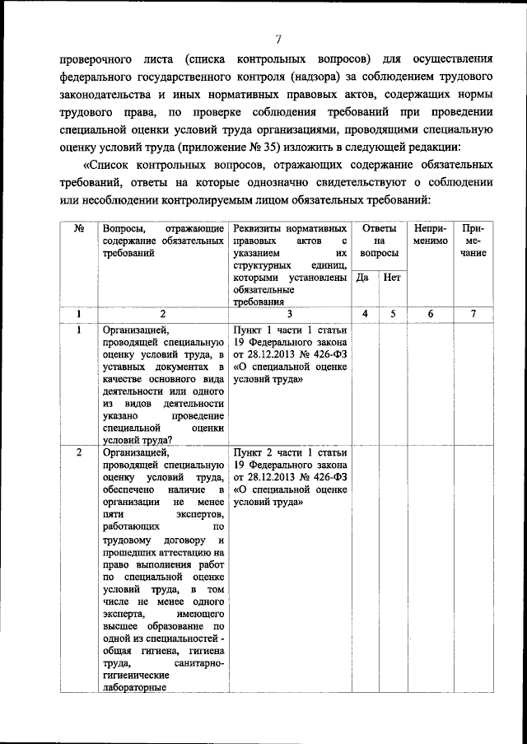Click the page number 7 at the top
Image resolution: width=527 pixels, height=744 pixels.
(x=279, y=38)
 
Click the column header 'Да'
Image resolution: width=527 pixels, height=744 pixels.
(x=361, y=278)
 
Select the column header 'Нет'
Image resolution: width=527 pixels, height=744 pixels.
(x=392, y=278)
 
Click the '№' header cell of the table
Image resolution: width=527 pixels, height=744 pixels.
(x=79, y=228)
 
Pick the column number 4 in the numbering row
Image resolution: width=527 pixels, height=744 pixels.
(x=363, y=314)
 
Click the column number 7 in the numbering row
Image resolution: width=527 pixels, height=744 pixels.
(x=473, y=314)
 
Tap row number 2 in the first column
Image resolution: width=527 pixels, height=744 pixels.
(x=79, y=453)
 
